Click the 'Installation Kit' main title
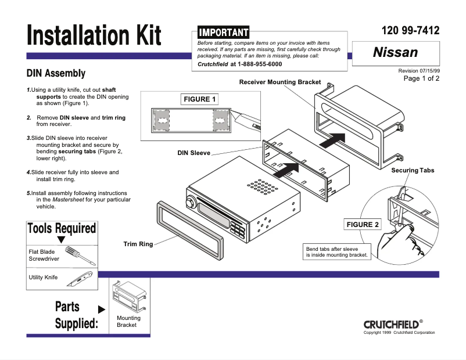pyautogui.click(x=94, y=37)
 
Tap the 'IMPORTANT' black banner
pyautogui.click(x=223, y=33)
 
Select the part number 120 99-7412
pyautogui.click(x=410, y=31)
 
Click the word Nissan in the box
pyautogui.click(x=395, y=52)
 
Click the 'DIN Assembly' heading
pyautogui.click(x=56, y=74)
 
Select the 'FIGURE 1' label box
pyautogui.click(x=200, y=99)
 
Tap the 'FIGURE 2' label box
pyautogui.click(x=363, y=225)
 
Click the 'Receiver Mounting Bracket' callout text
pyautogui.click(x=280, y=82)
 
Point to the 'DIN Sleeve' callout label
pyautogui.click(x=193, y=153)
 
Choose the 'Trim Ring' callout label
pyautogui.click(x=138, y=244)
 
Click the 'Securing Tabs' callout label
pyautogui.click(x=413, y=170)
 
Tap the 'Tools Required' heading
pyautogui.click(x=62, y=228)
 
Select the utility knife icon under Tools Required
pyautogui.click(x=77, y=281)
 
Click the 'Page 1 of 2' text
pyautogui.click(x=421, y=78)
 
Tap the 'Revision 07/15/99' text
pyautogui.click(x=419, y=70)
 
